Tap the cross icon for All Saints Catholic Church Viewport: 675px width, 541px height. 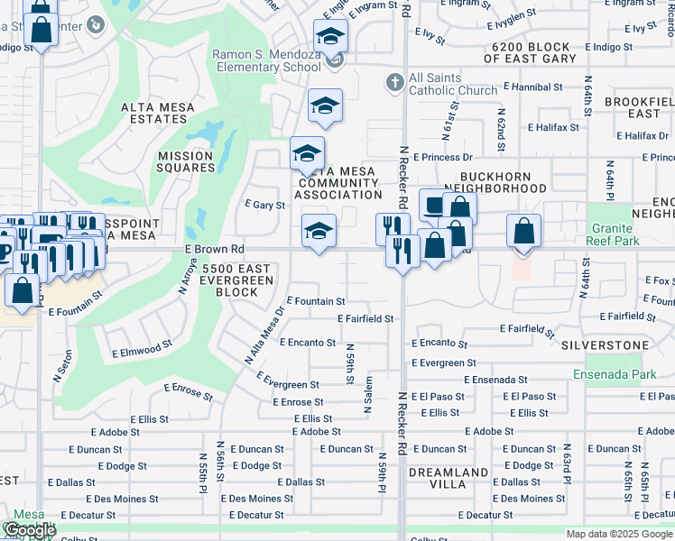pos(393,83)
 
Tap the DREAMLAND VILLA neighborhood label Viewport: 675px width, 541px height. pos(448,477)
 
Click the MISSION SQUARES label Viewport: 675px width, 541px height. pos(186,161)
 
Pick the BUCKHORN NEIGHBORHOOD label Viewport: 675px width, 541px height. pos(503,183)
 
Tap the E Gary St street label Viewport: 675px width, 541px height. pos(265,205)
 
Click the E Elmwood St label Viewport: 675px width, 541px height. pos(142,346)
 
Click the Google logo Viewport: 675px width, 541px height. pos(30,531)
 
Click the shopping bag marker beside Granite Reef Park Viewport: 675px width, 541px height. pos(523,232)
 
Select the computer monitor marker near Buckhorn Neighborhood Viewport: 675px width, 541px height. pos(435,206)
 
